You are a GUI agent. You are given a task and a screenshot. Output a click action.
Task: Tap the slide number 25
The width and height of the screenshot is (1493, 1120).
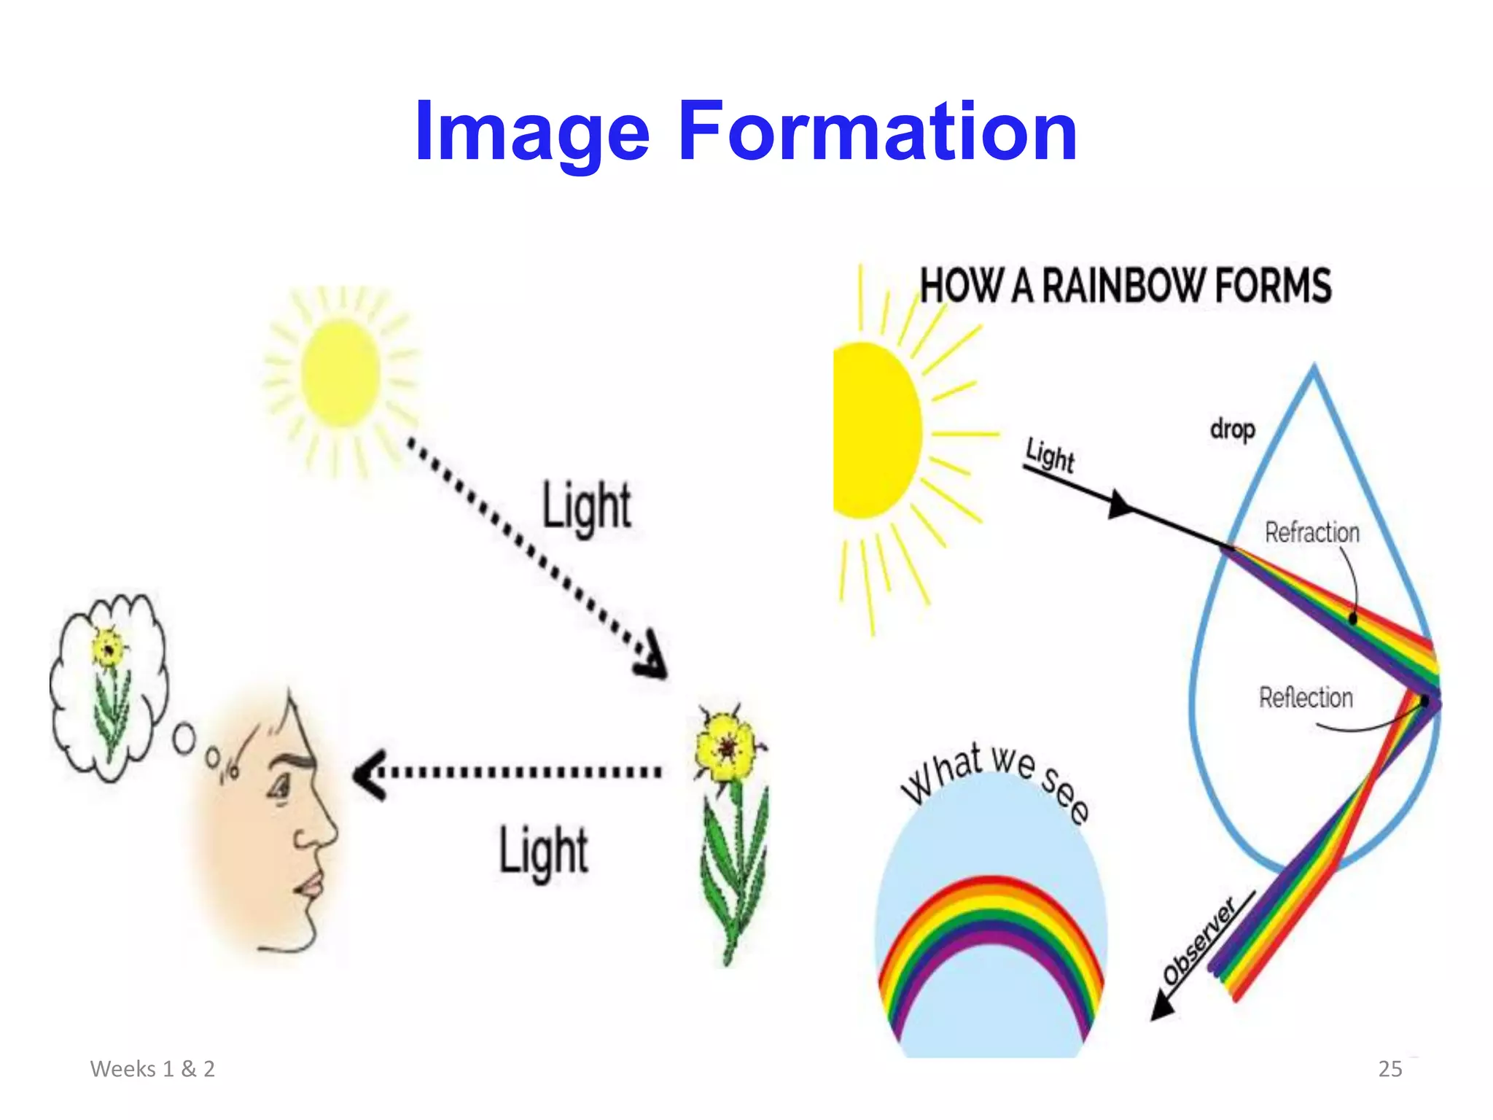coord(1389,1069)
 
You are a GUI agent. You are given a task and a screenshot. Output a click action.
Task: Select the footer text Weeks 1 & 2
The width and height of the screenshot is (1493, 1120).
coord(152,1069)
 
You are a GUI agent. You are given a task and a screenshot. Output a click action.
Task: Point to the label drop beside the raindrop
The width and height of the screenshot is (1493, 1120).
coord(1232,429)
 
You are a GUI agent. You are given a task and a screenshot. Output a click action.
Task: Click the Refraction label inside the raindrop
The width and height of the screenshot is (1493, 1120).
coord(1311,532)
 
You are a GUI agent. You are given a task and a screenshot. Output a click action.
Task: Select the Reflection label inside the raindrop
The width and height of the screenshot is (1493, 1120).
coord(1306,698)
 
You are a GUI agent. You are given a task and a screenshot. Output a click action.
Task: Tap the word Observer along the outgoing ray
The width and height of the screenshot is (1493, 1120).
coord(1199,941)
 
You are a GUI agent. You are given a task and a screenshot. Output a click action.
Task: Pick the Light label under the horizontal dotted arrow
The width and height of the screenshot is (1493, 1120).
coord(543,851)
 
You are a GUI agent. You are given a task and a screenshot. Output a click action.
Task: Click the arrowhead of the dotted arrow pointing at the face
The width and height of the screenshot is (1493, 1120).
coord(368,774)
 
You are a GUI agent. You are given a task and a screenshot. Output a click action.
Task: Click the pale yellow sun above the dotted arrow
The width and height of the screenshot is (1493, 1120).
coord(340,373)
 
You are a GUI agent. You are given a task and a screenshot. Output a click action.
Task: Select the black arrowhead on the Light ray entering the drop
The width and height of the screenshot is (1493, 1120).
coord(1120,505)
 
